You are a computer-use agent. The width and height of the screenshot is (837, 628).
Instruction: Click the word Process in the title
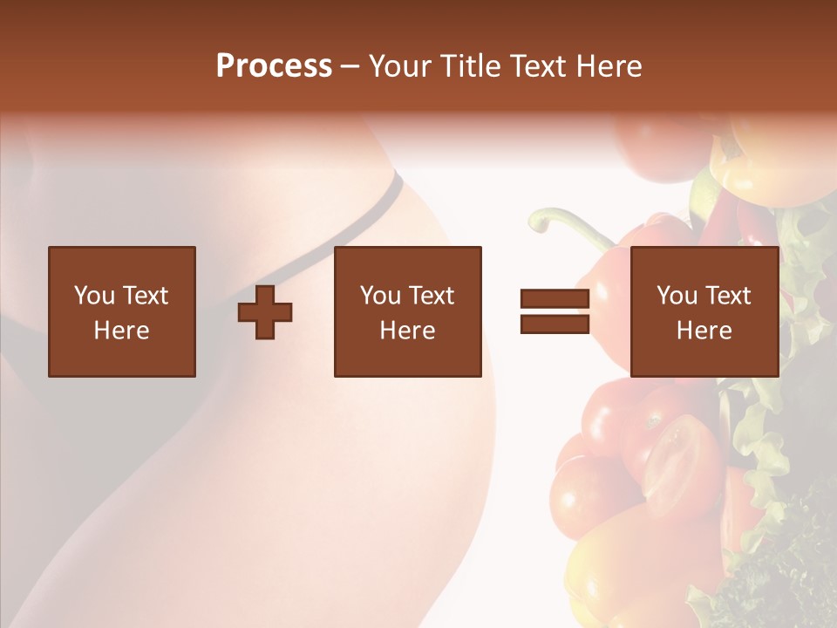coord(274,66)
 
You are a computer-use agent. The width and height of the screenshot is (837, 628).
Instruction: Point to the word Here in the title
coord(609,66)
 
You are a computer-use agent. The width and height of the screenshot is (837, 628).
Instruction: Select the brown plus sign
coord(265,311)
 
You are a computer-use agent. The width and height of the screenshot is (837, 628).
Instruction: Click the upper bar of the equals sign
coord(555,299)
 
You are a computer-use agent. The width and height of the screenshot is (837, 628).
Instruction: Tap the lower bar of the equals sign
coord(555,324)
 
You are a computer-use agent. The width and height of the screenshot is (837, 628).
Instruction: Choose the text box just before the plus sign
coord(121,311)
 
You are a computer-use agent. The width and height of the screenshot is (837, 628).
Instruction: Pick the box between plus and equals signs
coord(407,311)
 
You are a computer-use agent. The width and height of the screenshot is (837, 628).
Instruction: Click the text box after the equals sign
coord(704,311)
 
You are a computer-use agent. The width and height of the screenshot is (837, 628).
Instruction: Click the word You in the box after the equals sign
coord(677,296)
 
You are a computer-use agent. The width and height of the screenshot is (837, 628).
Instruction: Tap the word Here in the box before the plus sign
coord(121,331)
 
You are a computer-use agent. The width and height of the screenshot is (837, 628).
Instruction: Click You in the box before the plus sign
coord(94,296)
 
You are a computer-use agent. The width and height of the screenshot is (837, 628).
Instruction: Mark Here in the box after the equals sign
coord(704,331)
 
